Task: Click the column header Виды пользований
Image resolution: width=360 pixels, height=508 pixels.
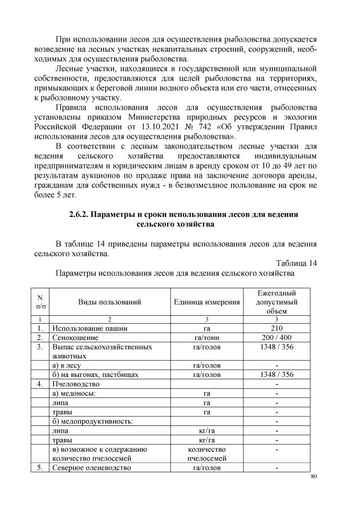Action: pyautogui.click(x=109, y=302)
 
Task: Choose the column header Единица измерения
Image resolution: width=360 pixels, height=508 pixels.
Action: pyautogui.click(x=207, y=302)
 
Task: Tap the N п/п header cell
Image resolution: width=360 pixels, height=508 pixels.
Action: pyautogui.click(x=40, y=302)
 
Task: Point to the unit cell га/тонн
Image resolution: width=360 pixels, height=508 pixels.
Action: pyautogui.click(x=207, y=338)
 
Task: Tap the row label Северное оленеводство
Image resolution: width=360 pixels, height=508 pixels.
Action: pyautogui.click(x=91, y=468)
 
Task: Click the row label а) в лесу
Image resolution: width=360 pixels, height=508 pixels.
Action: pyautogui.click(x=68, y=365)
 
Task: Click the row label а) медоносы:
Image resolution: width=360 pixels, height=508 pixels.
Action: pyautogui.click(x=74, y=393)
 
